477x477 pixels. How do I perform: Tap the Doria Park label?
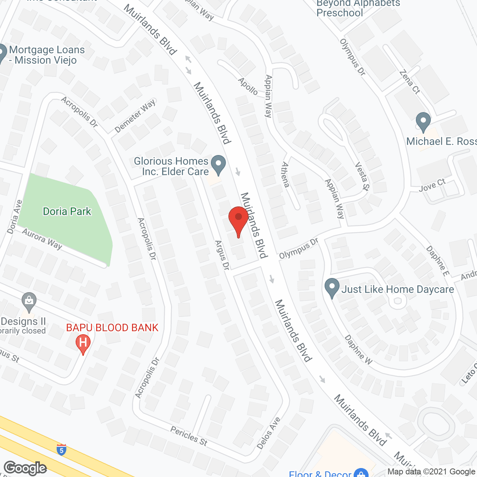point(67,212)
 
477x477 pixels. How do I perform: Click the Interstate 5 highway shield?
point(61,449)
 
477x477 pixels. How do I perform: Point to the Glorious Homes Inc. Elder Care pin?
point(218,165)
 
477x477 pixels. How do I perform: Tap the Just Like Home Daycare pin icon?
point(332,288)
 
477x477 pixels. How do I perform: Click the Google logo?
point(25,468)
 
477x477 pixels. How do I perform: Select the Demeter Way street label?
point(135,116)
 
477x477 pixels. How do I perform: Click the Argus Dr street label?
point(222,255)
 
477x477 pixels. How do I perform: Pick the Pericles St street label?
point(189,436)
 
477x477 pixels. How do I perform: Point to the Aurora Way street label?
point(42,238)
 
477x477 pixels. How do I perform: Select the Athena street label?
point(285,174)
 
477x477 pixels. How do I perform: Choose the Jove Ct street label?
point(432,185)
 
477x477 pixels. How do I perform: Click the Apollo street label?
point(248,86)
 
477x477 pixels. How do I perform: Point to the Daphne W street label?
point(358,350)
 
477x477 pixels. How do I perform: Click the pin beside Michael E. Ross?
point(423,122)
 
